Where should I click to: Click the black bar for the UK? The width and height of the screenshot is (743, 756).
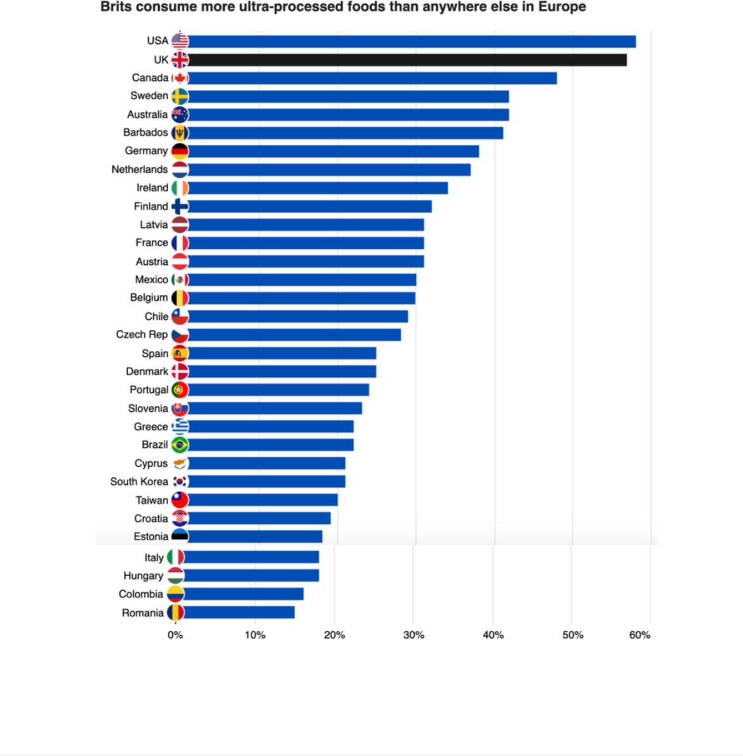click(406, 60)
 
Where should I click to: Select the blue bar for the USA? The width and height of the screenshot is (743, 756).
click(412, 41)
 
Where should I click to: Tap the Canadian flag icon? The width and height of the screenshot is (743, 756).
click(180, 78)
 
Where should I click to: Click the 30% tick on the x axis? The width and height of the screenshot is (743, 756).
click(413, 635)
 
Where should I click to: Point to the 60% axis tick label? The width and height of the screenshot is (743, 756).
click(639, 635)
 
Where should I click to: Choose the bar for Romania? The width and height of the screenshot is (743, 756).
click(239, 613)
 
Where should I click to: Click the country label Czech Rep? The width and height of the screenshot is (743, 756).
click(142, 335)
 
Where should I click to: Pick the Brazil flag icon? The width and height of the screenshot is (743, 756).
click(180, 445)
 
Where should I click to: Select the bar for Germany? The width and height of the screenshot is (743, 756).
click(333, 151)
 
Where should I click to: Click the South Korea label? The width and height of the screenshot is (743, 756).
click(139, 482)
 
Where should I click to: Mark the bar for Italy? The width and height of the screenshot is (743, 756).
click(251, 557)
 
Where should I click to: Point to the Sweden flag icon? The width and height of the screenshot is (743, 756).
click(180, 96)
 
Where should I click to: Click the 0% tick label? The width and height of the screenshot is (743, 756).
click(175, 635)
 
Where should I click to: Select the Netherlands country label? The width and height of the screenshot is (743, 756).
click(139, 169)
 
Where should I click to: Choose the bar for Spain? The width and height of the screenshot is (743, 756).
click(282, 354)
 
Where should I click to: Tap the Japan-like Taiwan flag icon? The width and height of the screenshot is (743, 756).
click(180, 500)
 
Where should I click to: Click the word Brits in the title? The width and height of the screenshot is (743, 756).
click(117, 7)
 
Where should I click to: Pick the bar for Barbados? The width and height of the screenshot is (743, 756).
click(345, 133)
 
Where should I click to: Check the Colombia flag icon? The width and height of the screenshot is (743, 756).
click(175, 594)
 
